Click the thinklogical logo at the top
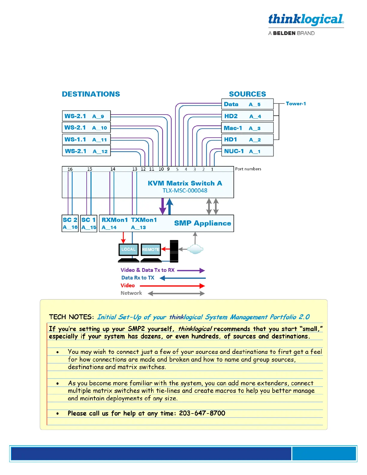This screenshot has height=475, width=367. [306, 20]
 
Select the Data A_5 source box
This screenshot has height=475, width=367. [247, 104]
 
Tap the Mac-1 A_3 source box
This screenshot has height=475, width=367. [247, 128]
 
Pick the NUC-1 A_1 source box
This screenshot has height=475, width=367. [247, 151]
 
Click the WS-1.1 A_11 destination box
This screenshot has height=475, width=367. [86, 139]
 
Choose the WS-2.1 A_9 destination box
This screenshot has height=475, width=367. [86, 116]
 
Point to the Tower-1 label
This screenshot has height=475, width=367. [296, 103]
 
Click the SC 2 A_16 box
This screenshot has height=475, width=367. [70, 223]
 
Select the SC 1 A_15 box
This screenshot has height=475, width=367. [89, 223]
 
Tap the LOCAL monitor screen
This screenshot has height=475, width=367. [128, 249]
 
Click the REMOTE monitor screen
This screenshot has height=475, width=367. [151, 249]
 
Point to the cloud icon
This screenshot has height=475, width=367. [195, 249]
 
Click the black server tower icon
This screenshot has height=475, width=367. [174, 251]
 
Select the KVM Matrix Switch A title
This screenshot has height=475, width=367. [185, 183]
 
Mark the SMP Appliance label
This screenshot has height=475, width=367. [202, 223]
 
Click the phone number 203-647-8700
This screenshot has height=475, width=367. [202, 413]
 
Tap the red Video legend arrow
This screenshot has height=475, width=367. [172, 286]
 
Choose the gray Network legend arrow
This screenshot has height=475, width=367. [176, 294]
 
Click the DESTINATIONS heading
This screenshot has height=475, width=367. [91, 94]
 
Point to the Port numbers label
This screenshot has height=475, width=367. [248, 169]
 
